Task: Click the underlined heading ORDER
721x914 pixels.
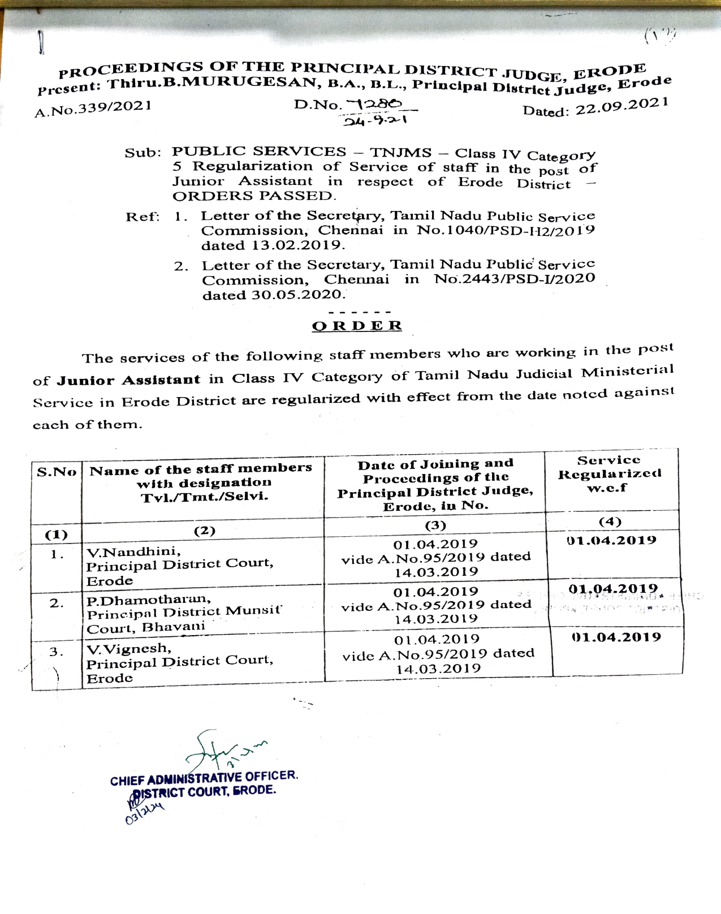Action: click(x=357, y=326)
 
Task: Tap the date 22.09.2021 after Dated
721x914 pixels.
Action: click(x=622, y=106)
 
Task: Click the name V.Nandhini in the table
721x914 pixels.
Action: click(x=133, y=551)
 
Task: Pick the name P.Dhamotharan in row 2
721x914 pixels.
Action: click(x=149, y=600)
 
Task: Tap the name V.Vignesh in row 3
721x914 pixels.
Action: click(x=128, y=648)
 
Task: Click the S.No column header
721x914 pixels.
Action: click(x=57, y=472)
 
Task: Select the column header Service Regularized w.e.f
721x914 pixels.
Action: click(x=609, y=474)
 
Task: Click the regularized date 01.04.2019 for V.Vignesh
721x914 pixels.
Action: click(x=616, y=637)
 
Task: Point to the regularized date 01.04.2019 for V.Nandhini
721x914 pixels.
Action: click(x=611, y=541)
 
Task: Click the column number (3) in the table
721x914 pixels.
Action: click(x=435, y=525)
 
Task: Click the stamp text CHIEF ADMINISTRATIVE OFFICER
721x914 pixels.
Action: click(x=204, y=778)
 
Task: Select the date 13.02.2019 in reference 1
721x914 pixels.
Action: click(x=297, y=245)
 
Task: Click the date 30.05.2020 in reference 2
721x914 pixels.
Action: click(x=297, y=295)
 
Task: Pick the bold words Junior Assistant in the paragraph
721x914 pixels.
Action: click(x=128, y=380)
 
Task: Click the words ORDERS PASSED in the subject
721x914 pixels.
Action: click(x=254, y=196)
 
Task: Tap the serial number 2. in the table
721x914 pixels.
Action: click(x=57, y=603)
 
